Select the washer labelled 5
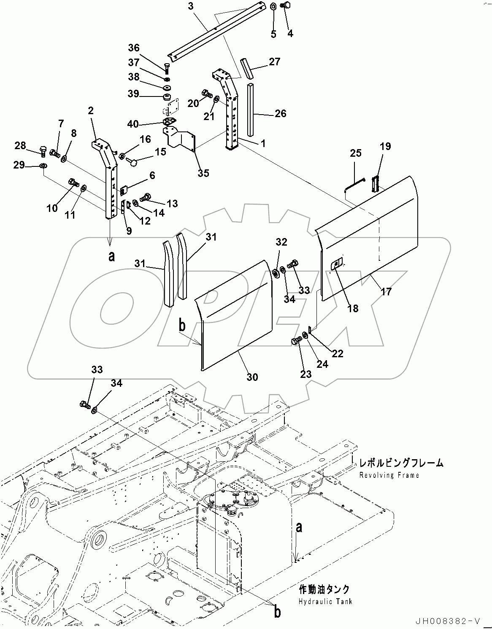coord(273,6)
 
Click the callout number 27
coord(274,62)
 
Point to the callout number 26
coord(280,113)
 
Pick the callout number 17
coord(386,291)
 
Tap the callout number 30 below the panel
coord(252,377)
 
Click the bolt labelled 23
coord(296,341)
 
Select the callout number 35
coord(203,173)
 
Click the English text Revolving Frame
coord(389,475)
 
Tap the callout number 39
coord(133,94)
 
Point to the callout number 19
coord(385,146)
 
